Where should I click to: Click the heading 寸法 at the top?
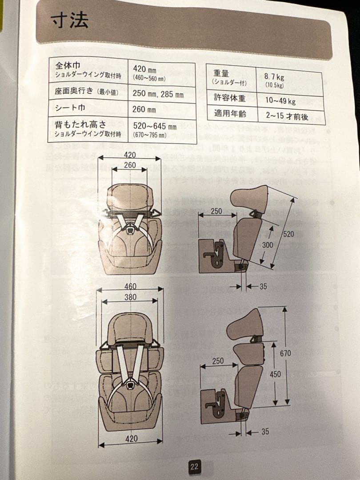pos(70,20)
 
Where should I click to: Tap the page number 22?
pos(194,467)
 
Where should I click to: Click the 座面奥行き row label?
pos(85,92)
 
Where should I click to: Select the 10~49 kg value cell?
pos(280,101)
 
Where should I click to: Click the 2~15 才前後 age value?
pos(287,115)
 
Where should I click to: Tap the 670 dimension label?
pos(285,353)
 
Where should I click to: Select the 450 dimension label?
pos(275,374)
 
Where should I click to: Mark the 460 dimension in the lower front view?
pos(130,286)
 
